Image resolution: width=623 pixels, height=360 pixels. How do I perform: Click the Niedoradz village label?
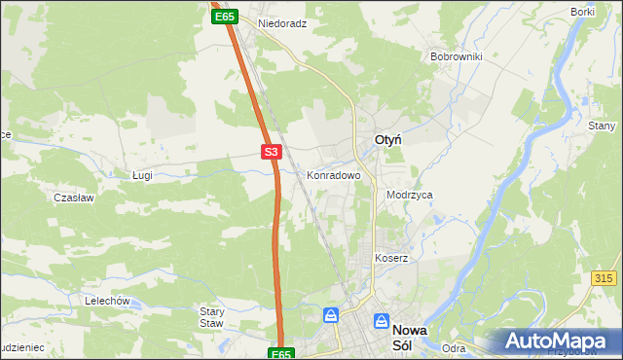point(282,22)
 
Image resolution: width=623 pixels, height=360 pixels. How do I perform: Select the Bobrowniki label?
point(456,56)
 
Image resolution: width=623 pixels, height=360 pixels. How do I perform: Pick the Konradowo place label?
point(334,176)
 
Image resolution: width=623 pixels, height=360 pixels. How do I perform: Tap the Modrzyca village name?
point(409,195)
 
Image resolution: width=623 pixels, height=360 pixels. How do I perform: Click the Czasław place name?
point(73,197)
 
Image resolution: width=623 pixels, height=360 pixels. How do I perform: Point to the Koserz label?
point(391,258)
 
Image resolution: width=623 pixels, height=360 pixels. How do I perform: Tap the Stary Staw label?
point(211,317)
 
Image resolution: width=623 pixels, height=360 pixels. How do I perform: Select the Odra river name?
point(453,348)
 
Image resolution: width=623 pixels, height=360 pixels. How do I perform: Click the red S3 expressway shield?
point(272,152)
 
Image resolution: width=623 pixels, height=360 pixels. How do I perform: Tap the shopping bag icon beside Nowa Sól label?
point(331,316)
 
